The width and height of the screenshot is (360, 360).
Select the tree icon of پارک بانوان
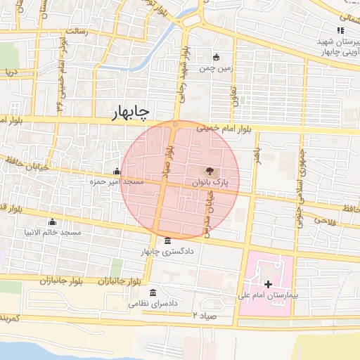pos(210,171)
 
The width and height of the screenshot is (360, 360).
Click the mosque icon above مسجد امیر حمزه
pos(116,171)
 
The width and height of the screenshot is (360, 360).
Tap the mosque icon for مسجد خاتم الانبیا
pos(51,221)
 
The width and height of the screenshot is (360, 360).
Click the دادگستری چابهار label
pos(169,251)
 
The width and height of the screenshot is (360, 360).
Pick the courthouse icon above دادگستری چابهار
pos(167,240)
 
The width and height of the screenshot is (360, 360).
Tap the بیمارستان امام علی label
pos(268,295)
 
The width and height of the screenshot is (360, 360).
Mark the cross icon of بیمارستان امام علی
pos(267,283)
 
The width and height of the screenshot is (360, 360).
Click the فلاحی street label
pos(325,221)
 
